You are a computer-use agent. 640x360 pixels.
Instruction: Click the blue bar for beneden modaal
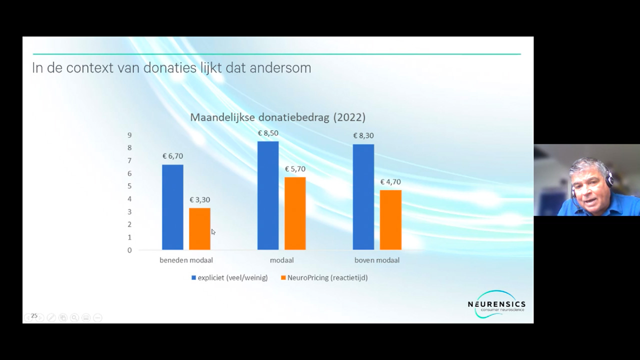[x=172, y=207]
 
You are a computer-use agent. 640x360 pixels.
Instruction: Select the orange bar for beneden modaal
[x=199, y=228]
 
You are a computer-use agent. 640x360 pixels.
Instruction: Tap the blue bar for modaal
[x=268, y=195]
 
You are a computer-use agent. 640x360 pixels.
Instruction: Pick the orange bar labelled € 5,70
[x=295, y=213]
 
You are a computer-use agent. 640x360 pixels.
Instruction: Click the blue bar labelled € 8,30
[x=363, y=197]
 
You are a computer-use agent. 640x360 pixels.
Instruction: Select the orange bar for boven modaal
[x=390, y=220]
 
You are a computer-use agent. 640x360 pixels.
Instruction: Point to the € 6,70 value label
[x=172, y=156]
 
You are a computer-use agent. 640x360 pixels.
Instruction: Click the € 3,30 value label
[x=199, y=200]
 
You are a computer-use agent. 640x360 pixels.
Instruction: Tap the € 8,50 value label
[x=268, y=133]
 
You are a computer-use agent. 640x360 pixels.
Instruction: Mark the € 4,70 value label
[x=390, y=182]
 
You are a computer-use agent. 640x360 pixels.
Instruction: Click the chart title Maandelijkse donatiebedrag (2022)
[x=277, y=117]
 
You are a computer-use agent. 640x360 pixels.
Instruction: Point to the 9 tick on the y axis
[x=129, y=135]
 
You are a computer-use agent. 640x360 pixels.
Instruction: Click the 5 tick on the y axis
[x=129, y=186]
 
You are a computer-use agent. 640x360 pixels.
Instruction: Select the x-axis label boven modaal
[x=377, y=260]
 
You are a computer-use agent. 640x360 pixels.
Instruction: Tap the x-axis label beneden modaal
[x=186, y=260]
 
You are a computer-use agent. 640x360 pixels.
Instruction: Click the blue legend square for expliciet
[x=193, y=277]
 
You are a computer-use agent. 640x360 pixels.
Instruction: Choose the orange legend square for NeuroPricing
[x=283, y=277]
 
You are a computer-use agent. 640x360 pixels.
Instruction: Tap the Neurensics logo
[x=496, y=304]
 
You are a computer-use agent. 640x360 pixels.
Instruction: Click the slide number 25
[x=34, y=316]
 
